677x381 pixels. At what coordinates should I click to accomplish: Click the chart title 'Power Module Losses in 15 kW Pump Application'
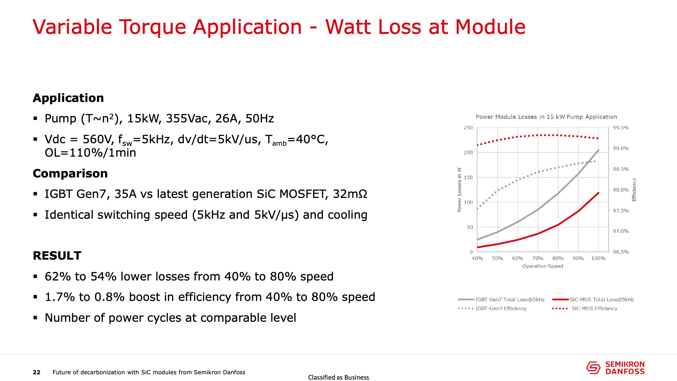click(x=546, y=117)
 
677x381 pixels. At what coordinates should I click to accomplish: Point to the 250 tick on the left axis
click(x=468, y=128)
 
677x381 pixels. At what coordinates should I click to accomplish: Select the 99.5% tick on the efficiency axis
click(x=621, y=128)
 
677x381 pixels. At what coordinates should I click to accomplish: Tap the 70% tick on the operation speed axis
click(x=538, y=258)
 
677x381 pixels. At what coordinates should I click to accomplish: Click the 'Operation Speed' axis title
click(x=543, y=266)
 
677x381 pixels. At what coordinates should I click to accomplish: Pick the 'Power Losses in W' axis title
click(x=459, y=189)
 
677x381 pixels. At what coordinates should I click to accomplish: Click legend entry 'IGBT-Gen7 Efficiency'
click(x=501, y=308)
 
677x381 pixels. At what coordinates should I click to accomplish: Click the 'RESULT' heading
click(x=57, y=255)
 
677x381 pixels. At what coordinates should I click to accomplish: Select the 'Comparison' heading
click(x=70, y=173)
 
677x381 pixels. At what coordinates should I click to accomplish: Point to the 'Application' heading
click(x=68, y=98)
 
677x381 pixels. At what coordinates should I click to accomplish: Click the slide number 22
click(x=37, y=372)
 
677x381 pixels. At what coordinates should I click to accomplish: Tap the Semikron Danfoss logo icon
click(x=593, y=368)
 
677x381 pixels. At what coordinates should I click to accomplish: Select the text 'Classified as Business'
click(x=338, y=377)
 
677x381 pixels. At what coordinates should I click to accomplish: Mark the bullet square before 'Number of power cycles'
click(x=35, y=317)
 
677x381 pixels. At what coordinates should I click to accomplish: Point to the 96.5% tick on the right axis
click(x=621, y=252)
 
